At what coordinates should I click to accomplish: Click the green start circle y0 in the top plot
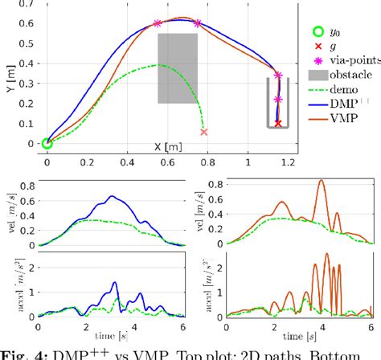tap(47, 143)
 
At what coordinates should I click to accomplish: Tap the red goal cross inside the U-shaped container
tap(278, 124)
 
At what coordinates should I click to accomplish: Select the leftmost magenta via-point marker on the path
tap(158, 23)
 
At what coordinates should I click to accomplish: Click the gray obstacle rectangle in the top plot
tap(178, 68)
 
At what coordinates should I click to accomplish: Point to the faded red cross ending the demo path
tap(204, 132)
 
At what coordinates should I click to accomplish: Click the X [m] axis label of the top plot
tap(163, 148)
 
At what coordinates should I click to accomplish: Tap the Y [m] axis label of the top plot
tap(8, 74)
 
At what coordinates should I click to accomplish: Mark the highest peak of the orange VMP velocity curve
tap(322, 181)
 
